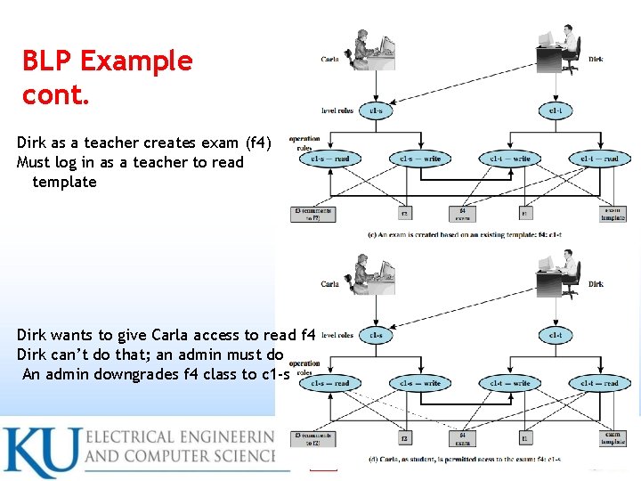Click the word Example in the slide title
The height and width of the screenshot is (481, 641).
click(136, 61)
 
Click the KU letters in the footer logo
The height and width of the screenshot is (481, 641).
click(39, 452)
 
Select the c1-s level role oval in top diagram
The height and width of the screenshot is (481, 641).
click(376, 111)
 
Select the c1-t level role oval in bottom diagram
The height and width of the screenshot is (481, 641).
click(555, 336)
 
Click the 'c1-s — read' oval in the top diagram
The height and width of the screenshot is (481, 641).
click(329, 159)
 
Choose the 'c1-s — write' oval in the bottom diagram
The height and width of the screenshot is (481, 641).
click(419, 383)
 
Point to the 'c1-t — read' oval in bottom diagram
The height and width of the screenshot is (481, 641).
click(599, 383)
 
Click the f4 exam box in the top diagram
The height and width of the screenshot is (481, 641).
click(463, 214)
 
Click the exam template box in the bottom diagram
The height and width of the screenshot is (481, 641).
click(613, 438)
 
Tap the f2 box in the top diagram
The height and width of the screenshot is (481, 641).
click(404, 214)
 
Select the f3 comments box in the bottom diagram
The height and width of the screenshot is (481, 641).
click(312, 437)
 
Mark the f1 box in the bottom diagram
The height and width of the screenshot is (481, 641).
click(524, 438)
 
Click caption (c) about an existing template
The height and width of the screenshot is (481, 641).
click(464, 234)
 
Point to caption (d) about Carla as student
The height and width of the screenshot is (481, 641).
click(463, 460)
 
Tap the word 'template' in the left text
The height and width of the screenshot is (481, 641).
click(64, 182)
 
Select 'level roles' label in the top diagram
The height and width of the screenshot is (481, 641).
click(337, 111)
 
